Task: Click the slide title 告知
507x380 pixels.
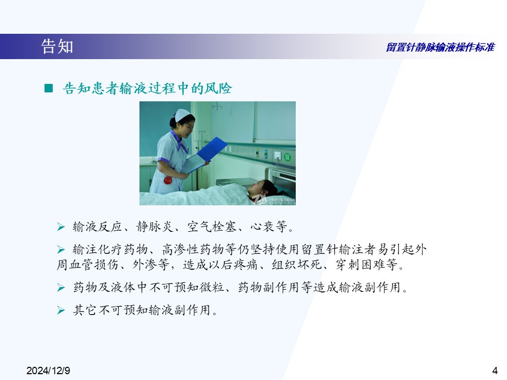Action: pyautogui.click(x=57, y=46)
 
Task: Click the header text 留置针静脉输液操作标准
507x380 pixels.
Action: pyautogui.click(x=440, y=47)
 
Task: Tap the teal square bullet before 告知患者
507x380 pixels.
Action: pyautogui.click(x=49, y=88)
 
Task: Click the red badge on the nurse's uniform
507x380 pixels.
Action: pyautogui.click(x=168, y=180)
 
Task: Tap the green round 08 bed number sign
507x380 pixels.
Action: pyautogui.click(x=287, y=157)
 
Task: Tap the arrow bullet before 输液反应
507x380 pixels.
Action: pyautogui.click(x=61, y=227)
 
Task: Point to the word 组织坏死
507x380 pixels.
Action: pyautogui.click(x=296, y=264)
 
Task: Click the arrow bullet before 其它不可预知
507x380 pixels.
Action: pyautogui.click(x=61, y=310)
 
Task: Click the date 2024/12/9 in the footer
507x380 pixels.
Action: pyautogui.click(x=48, y=370)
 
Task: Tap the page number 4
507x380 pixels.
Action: pyautogui.click(x=495, y=370)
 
